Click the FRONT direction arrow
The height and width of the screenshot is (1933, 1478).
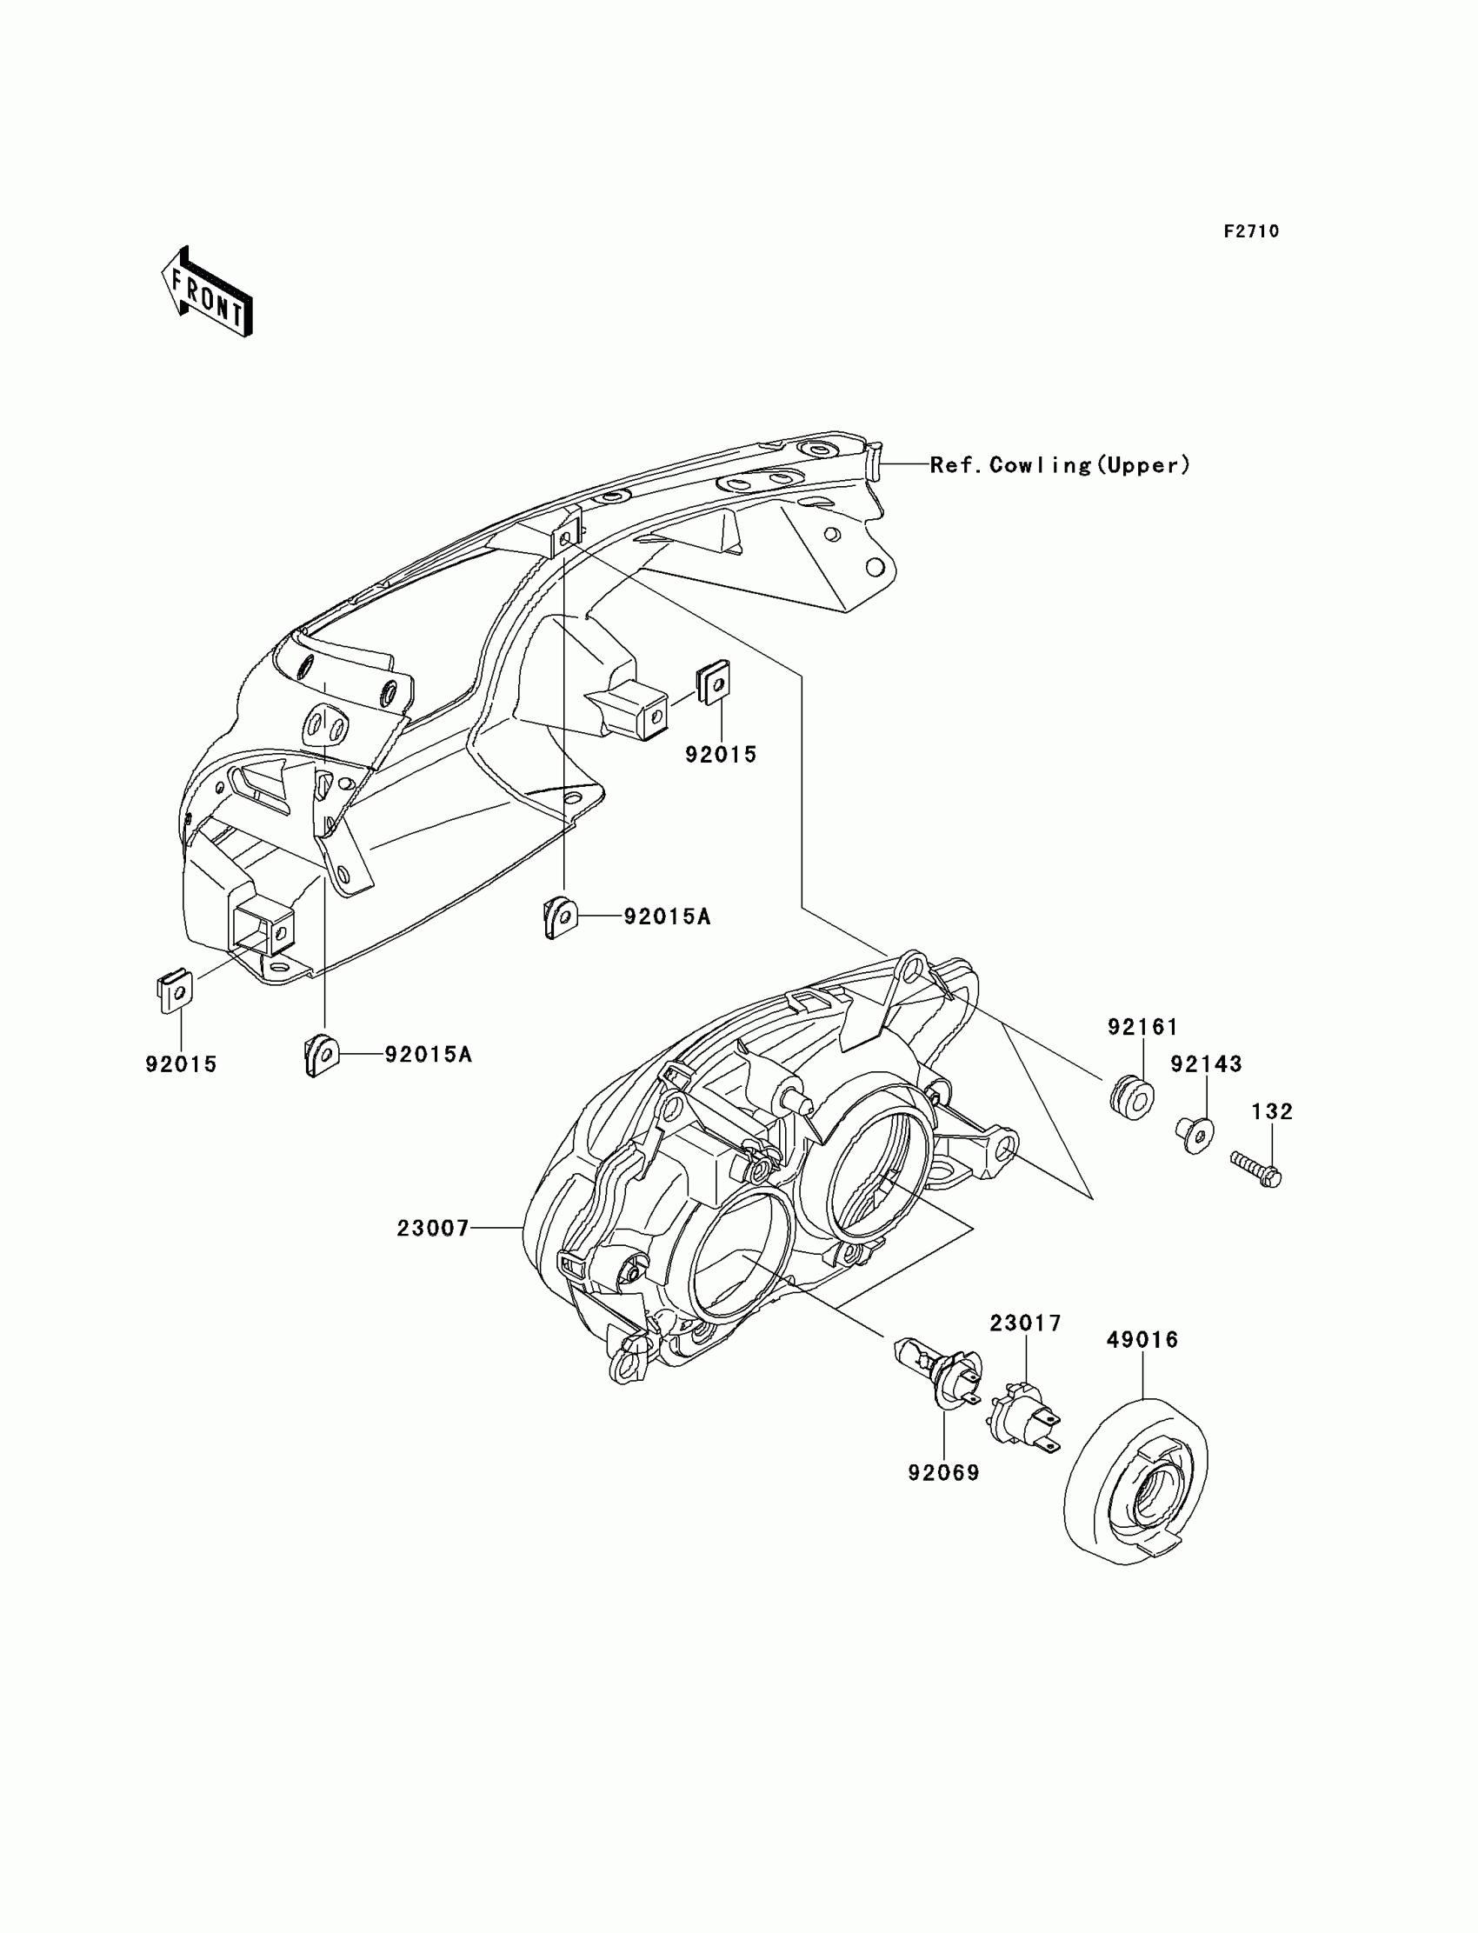(207, 292)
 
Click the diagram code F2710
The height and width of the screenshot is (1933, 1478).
(1251, 231)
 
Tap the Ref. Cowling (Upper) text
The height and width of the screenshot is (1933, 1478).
(1060, 464)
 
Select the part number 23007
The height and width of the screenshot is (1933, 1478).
(433, 1229)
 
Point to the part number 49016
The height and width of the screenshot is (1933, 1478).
(1142, 1339)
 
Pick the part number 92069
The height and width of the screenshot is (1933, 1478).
(944, 1472)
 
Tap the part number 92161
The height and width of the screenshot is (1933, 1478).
(1142, 1027)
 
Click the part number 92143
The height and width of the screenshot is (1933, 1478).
(1205, 1063)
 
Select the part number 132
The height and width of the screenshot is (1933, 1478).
(1272, 1111)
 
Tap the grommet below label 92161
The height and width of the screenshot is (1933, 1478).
(1131, 1100)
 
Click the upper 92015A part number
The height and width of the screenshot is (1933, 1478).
(667, 917)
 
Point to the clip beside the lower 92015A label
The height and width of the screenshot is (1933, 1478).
(320, 1054)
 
